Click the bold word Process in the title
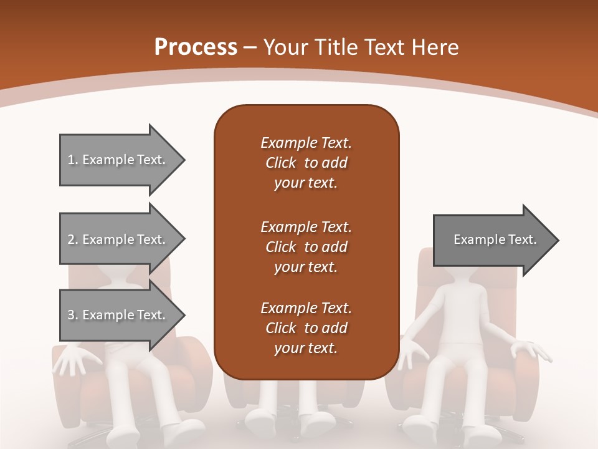196,47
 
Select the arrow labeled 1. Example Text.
116,160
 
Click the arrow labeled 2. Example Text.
116,239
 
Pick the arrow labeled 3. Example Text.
116,315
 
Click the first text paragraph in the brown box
306,163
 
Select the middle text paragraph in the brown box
306,246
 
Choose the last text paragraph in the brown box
306,328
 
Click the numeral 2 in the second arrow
71,239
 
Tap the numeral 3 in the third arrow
71,315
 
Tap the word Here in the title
436,47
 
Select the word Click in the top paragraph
281,163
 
